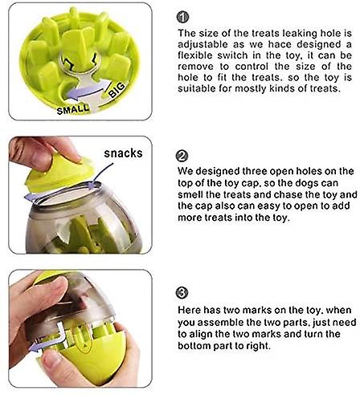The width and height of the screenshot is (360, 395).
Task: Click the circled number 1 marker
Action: click(x=183, y=17)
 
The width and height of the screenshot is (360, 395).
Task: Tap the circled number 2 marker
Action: click(x=182, y=156)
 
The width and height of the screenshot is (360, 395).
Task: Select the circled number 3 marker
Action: click(x=182, y=293)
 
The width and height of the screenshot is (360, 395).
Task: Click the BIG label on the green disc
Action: click(x=117, y=90)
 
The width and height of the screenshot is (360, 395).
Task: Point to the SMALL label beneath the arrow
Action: click(x=73, y=109)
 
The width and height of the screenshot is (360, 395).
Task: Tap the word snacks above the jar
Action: click(x=123, y=153)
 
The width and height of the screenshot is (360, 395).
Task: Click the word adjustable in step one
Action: click(x=203, y=45)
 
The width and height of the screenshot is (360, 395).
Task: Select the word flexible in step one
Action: click(x=195, y=55)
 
